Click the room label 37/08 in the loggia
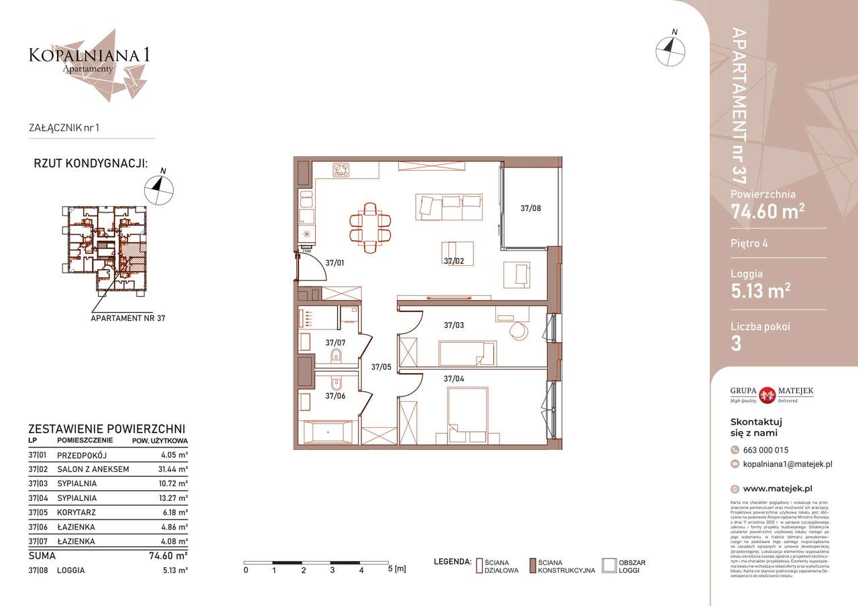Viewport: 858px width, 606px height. (530, 208)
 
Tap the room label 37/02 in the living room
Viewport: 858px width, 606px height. (454, 261)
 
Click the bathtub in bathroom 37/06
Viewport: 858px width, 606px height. (328, 433)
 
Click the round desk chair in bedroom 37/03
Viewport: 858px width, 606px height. (518, 329)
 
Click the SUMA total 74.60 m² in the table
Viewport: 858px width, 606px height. (167, 555)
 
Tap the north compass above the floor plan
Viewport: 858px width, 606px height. (670, 48)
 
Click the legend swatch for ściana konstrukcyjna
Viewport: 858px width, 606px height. (533, 566)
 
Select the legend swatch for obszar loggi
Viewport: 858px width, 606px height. (609, 566)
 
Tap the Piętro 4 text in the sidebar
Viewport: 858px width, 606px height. (749, 243)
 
